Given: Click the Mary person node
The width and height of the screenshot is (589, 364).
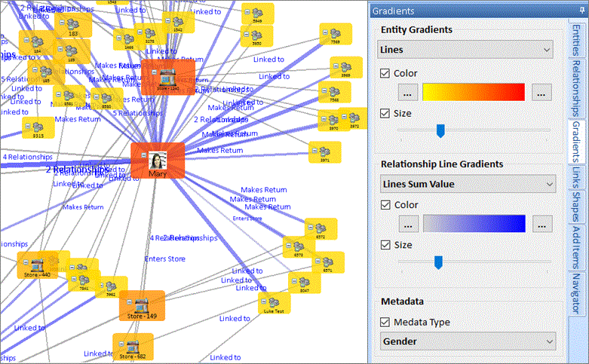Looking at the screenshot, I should coord(158,161).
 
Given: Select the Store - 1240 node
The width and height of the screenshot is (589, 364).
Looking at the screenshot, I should coord(168,78).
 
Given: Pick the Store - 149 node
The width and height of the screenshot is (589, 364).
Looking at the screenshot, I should coord(141,306).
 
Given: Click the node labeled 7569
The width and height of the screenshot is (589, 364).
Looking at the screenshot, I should coord(335,34).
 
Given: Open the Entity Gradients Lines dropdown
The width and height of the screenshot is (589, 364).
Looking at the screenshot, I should coord(466,50).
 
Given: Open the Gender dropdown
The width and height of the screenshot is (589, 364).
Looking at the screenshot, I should coord(466,341).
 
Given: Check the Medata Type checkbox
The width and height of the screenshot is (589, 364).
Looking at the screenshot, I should coord(385,322).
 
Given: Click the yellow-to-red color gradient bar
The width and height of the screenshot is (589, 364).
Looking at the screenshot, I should coord(473,92).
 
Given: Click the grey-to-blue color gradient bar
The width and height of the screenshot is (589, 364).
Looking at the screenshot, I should coord(473,223).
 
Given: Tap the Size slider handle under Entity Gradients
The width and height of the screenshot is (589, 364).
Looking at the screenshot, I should coord(440,131).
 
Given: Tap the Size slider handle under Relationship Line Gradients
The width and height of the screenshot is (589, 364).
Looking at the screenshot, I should coord(437,262).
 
